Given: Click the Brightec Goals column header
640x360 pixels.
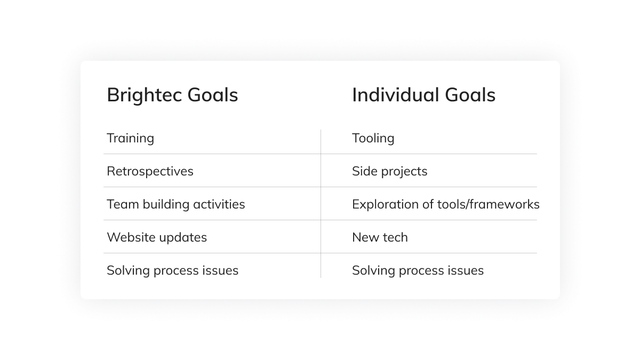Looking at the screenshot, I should [x=172, y=95].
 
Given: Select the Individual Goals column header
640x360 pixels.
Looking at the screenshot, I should [x=423, y=95].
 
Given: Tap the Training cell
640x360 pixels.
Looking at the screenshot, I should [x=130, y=138].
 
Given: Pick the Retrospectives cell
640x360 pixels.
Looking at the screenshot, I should [x=150, y=171].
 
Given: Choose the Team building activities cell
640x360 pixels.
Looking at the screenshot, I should [x=175, y=204].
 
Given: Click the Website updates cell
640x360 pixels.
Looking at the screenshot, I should [x=157, y=237].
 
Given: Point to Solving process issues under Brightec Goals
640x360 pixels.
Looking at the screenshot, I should [x=172, y=270].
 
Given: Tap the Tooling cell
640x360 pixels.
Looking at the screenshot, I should [x=373, y=138].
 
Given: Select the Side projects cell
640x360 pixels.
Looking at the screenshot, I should [x=389, y=171].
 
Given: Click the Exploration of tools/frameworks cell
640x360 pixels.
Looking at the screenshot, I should [x=445, y=204].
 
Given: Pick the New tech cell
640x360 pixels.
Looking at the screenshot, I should [x=380, y=237].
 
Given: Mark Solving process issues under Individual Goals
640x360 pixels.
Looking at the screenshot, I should [x=418, y=270].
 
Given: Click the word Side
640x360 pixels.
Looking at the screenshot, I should [x=362, y=171].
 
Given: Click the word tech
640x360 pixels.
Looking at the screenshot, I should [x=395, y=237].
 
